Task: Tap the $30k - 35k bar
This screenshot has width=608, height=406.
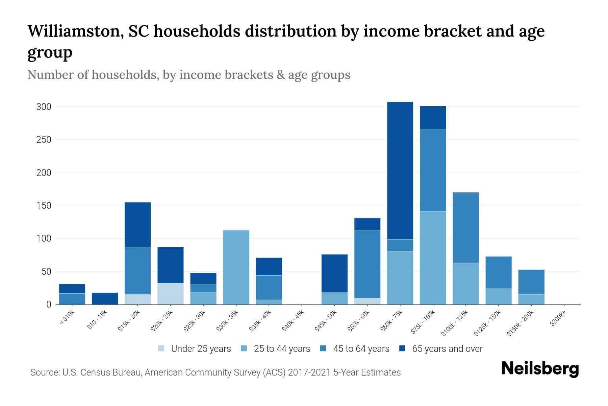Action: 236,267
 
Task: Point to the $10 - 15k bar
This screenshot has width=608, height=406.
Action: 105,298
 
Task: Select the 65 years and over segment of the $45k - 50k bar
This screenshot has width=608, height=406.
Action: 334,273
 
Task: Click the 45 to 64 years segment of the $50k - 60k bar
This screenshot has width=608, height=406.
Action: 367,264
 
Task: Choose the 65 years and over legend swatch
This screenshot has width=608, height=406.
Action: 402,348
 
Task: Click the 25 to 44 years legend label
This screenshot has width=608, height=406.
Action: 282,349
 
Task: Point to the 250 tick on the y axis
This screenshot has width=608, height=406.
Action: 44,140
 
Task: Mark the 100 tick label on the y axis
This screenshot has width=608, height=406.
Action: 44,239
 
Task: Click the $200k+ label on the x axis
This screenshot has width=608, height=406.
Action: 558,319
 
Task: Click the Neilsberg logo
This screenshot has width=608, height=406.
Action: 540,369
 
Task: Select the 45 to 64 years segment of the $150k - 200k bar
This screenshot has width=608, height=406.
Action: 531,282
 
